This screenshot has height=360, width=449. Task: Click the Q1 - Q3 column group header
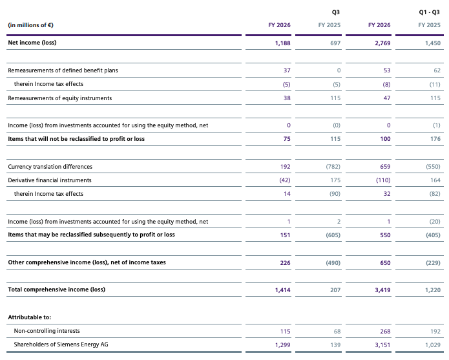429,12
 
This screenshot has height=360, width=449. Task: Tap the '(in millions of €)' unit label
30,25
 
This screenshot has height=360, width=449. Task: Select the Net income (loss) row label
32,43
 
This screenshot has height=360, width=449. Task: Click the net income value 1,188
282,43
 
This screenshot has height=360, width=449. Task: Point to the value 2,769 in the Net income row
382,43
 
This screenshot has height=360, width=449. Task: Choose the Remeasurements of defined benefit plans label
63,70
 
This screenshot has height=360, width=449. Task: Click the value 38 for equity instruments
287,98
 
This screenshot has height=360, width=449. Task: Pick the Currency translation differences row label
50,167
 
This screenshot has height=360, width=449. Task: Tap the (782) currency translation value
333,167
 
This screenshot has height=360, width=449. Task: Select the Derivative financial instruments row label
50,180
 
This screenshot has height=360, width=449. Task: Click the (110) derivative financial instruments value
383,180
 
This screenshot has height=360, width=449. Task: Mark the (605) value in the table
333,235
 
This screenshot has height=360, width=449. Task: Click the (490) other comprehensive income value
333,263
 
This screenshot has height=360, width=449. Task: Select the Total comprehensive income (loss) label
57,290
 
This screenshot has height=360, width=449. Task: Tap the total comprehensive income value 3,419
382,290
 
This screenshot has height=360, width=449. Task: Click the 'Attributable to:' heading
30,317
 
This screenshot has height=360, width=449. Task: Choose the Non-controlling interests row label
47,331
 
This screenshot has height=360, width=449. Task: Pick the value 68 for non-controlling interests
337,332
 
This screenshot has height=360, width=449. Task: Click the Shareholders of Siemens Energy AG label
61,344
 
